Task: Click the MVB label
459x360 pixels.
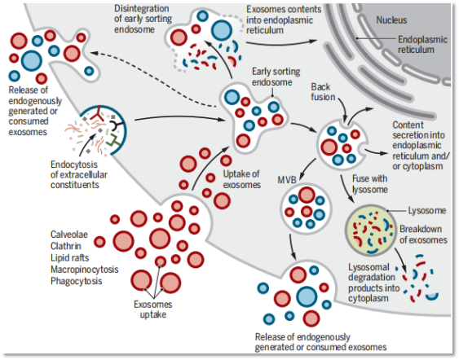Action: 287,178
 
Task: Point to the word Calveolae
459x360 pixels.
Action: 69,235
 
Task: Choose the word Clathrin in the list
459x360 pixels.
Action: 66,246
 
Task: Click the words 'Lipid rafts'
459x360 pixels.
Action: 70,257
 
